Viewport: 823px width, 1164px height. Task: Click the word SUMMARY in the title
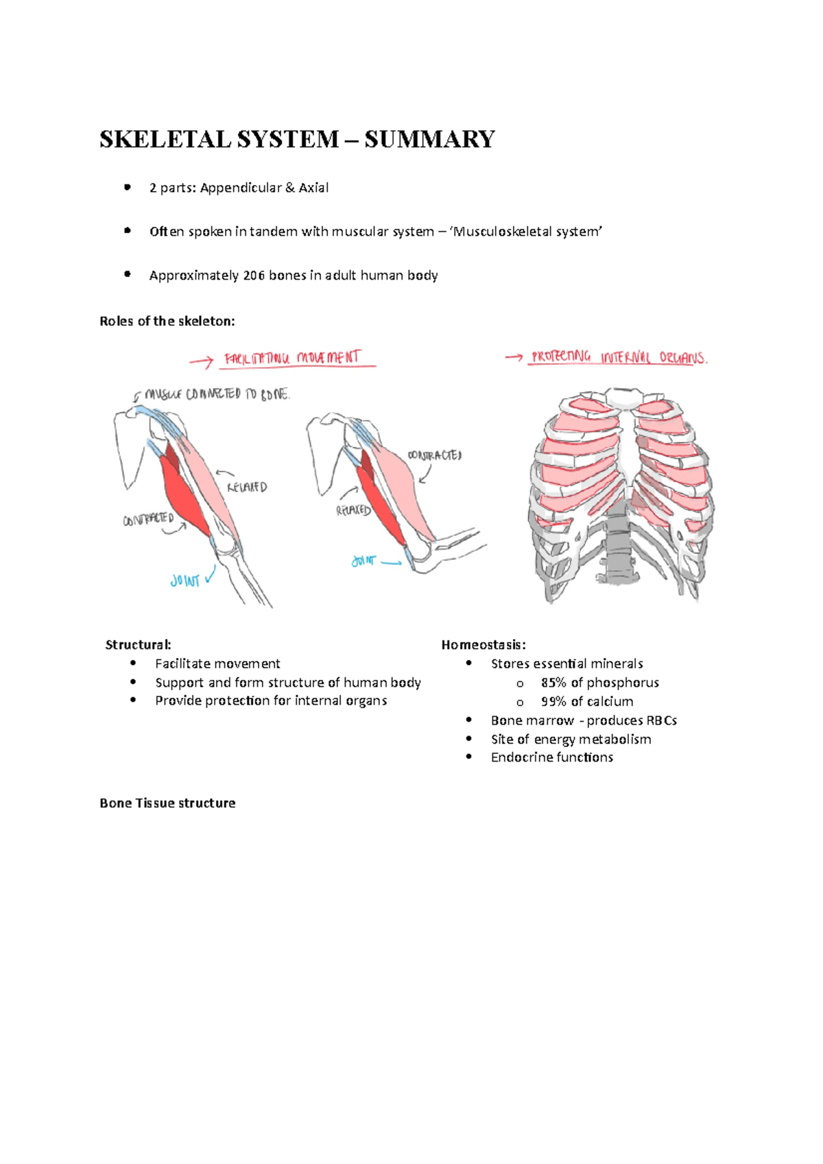point(429,139)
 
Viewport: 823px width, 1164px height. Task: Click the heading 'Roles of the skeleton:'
point(167,322)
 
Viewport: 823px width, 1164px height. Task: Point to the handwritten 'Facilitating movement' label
point(292,359)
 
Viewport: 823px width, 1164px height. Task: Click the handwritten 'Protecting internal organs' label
point(618,357)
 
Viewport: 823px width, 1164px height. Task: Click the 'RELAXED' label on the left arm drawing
point(247,487)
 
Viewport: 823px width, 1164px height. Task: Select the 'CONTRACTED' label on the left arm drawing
point(148,520)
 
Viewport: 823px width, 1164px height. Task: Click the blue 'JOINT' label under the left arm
point(185,581)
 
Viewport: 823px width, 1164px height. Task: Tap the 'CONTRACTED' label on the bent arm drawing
point(435,455)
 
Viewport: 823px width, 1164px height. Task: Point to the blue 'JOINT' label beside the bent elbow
point(363,561)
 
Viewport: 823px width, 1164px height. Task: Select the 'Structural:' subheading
point(138,645)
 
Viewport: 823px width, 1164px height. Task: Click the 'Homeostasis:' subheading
point(484,645)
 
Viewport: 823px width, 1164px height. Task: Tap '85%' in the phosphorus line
point(553,683)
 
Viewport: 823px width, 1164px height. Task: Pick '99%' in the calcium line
point(553,702)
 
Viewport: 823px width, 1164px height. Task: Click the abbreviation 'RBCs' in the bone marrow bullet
point(661,720)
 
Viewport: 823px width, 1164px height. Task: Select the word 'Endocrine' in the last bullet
point(520,757)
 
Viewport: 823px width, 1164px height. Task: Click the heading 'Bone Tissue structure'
point(167,803)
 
